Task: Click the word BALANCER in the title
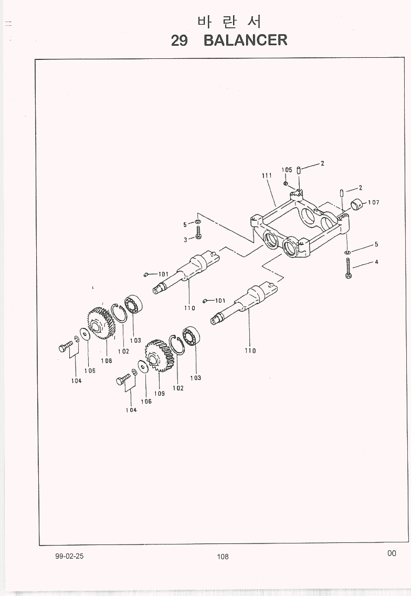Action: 245,40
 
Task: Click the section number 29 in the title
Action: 180,40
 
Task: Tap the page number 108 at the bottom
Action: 223,557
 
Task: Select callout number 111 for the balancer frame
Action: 266,176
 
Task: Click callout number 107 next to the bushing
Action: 373,202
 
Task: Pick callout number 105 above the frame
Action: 287,170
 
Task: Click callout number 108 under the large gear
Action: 107,361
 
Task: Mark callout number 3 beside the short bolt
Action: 185,240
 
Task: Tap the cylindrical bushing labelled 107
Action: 358,203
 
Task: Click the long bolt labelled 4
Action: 348,268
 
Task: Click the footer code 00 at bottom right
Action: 392,553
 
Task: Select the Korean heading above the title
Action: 229,22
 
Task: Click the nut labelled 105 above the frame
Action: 285,183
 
